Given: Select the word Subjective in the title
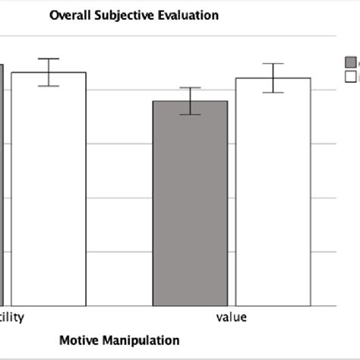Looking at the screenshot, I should [x=121, y=15].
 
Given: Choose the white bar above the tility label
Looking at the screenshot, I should [x=49, y=190].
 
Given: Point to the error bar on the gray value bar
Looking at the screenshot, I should [x=190, y=101].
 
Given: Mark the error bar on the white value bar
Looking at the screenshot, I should [x=273, y=77].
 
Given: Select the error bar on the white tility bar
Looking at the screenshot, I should [x=49, y=72].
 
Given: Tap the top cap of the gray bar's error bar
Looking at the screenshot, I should [x=190, y=88].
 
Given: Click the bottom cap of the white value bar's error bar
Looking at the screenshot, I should [x=273, y=93].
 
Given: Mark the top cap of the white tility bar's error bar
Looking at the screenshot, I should [x=49, y=58].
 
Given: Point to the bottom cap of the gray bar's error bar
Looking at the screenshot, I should [x=190, y=115].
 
